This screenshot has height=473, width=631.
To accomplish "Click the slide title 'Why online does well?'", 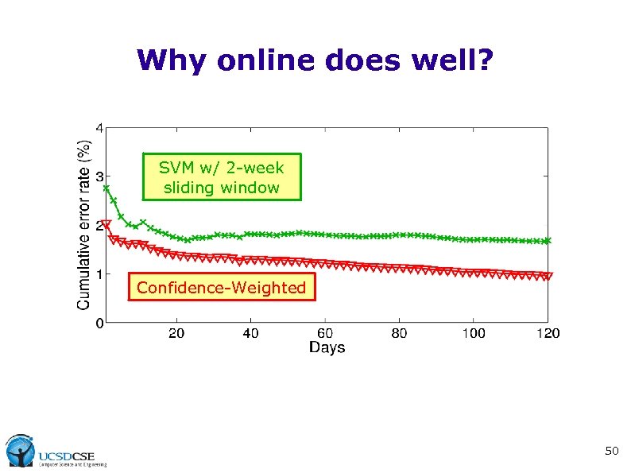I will pos(315,60).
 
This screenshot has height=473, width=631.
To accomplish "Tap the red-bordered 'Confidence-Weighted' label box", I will pos(221,288).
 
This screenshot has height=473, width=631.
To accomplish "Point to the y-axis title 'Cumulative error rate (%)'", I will pos(83,225).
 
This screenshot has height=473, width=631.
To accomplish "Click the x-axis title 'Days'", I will pos(327,347).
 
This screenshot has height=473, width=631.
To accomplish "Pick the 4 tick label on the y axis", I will pos(98,127).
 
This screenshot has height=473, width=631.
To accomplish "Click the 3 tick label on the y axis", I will pos(98,176).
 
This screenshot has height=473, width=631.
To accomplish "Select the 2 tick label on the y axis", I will pos(98,225).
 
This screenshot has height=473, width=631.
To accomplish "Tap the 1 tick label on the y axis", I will pos(98,274).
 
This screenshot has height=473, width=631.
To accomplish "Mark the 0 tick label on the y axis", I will pos(98,323).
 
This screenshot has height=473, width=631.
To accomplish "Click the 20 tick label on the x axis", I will pos(176,333).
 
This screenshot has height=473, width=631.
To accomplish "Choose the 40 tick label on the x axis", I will pos(250,333).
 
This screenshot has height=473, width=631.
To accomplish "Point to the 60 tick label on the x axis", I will pos(325,333).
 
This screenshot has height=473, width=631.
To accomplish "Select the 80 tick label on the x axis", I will pos(399,333).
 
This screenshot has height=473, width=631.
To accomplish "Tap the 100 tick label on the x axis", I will pos(473,333).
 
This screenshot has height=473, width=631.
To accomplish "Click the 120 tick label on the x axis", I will pos(547,333).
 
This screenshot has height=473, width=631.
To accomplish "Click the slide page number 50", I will pos(611,452).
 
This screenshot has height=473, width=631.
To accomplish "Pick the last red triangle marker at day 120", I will pos(548,277).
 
